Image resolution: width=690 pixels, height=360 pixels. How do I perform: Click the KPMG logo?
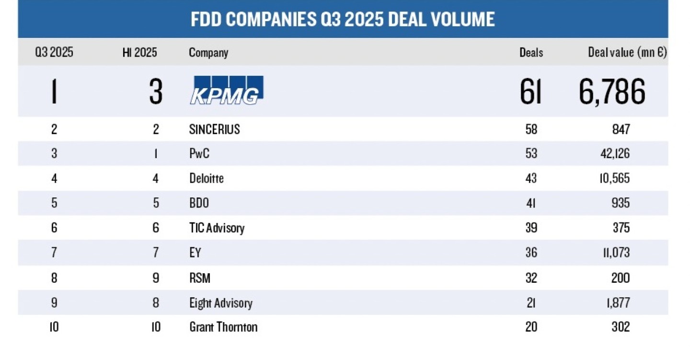click(x=227, y=90)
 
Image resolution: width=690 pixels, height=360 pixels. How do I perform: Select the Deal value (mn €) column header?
click(x=627, y=53)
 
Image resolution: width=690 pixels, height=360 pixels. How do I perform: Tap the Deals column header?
click(x=531, y=53)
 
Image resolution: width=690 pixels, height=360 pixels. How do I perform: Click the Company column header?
click(x=208, y=53)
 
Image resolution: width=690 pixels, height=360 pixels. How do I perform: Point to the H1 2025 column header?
click(x=139, y=53)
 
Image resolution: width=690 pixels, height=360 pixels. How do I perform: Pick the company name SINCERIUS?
click(x=214, y=129)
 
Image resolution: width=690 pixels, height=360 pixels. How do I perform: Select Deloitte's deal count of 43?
click(x=531, y=179)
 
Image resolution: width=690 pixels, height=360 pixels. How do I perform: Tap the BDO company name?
click(x=199, y=203)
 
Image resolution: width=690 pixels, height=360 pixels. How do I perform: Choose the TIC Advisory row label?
click(x=217, y=228)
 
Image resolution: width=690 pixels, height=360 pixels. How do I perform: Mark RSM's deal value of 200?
click(x=620, y=278)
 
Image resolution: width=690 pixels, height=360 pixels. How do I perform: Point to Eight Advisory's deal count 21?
click(x=531, y=303)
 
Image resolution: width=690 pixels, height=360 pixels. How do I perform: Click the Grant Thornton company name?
click(x=223, y=327)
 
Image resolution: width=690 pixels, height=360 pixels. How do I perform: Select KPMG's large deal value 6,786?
click(x=611, y=92)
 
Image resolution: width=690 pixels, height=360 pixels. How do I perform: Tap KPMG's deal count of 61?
click(x=530, y=92)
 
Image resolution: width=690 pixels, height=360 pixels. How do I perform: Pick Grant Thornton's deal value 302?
click(x=620, y=327)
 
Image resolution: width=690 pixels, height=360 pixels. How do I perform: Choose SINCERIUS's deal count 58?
click(x=531, y=129)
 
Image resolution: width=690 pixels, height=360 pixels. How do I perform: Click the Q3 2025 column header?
click(x=54, y=53)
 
